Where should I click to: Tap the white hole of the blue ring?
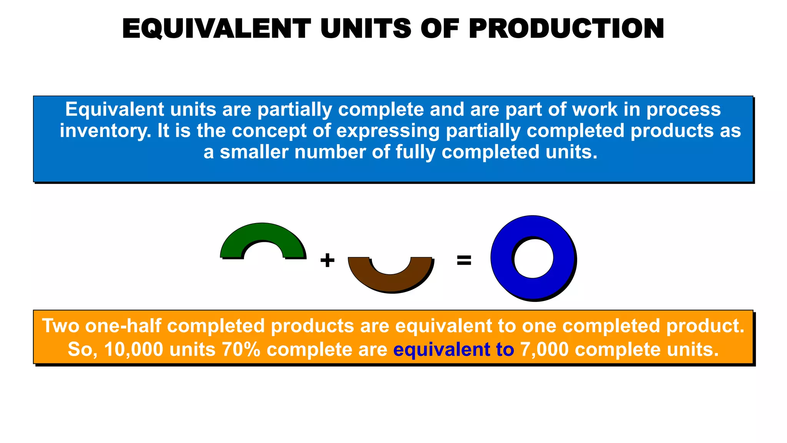(x=533, y=258)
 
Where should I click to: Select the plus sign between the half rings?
(x=327, y=260)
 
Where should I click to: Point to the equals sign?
(x=464, y=260)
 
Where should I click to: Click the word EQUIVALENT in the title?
(x=216, y=29)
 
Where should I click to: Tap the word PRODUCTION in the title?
(x=566, y=29)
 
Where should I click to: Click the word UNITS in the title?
(x=366, y=29)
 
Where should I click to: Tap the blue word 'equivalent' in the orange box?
(x=442, y=350)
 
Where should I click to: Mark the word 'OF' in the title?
(x=440, y=29)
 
